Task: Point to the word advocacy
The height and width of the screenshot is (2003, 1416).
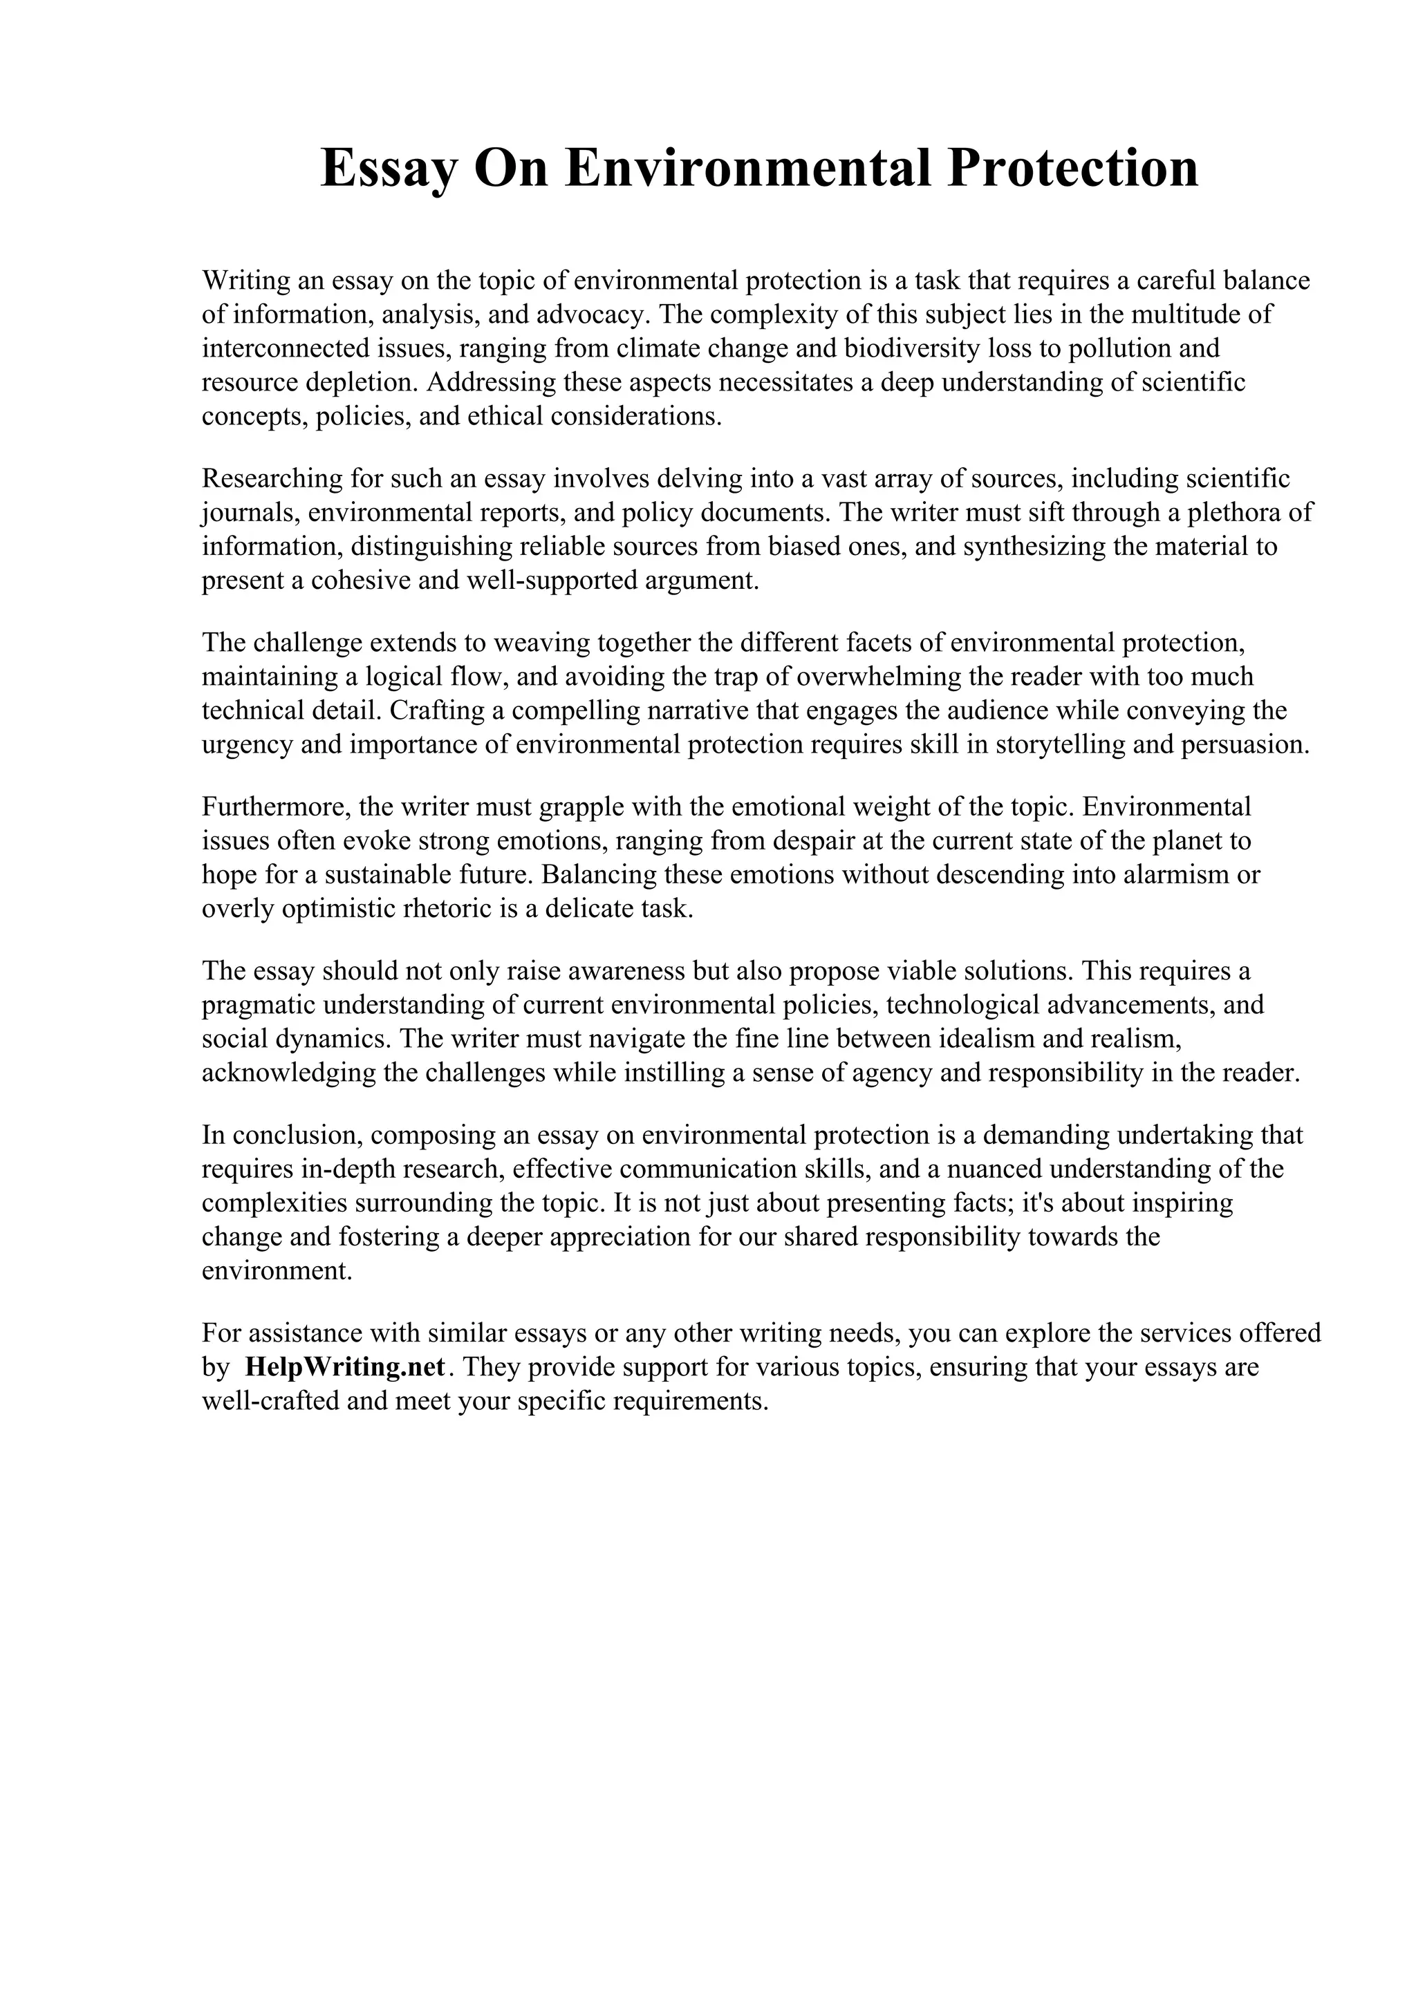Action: click(593, 314)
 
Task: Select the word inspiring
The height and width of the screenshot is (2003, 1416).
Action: click(1182, 1203)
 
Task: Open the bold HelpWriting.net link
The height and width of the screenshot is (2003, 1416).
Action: click(346, 1366)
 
